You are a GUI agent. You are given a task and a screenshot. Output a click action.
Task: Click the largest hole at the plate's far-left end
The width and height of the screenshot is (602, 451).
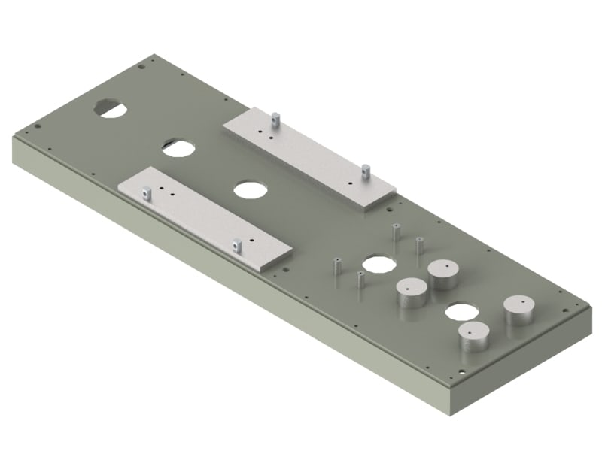pyautogui.click(x=110, y=107)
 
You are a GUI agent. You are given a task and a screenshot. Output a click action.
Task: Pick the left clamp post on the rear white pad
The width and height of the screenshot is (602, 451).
pyautogui.click(x=276, y=118)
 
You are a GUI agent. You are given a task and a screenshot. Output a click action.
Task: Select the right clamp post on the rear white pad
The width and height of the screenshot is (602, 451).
pyautogui.click(x=366, y=171)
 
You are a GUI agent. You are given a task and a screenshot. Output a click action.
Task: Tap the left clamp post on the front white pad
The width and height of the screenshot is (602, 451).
pyautogui.click(x=147, y=193)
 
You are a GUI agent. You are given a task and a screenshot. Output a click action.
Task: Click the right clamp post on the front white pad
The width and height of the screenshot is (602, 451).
pyautogui.click(x=237, y=244)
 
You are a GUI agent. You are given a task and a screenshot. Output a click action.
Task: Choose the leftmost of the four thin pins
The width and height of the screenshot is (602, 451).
pyautogui.click(x=336, y=266)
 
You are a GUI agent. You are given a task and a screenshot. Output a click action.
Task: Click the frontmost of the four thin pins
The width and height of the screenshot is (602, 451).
pyautogui.click(x=360, y=280)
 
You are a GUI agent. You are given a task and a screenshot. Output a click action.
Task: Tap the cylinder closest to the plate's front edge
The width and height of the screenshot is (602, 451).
pyautogui.click(x=474, y=336)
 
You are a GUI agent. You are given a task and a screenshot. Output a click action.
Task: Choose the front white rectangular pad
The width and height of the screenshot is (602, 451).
pyautogui.click(x=203, y=218)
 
